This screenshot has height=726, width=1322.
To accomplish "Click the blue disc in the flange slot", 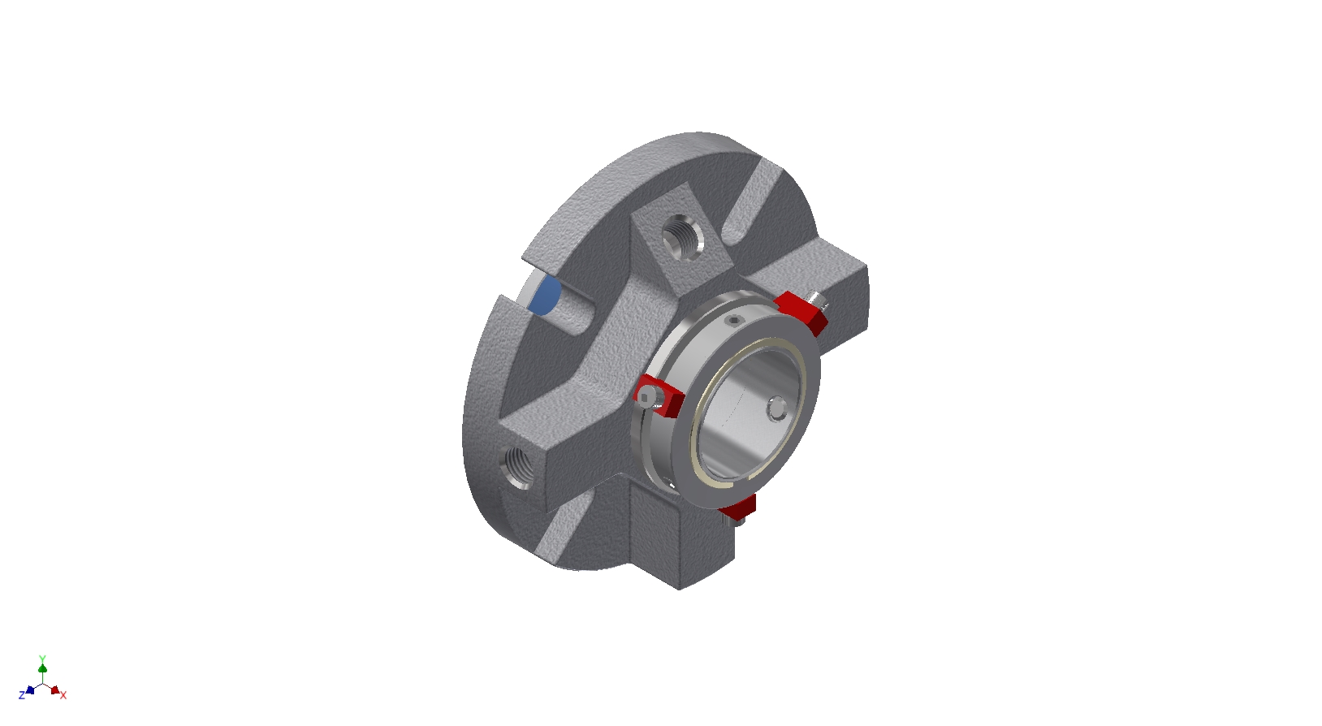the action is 544,295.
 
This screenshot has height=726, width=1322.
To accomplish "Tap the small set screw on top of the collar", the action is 733,321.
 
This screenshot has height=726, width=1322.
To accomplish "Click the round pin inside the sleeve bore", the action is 777,408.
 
